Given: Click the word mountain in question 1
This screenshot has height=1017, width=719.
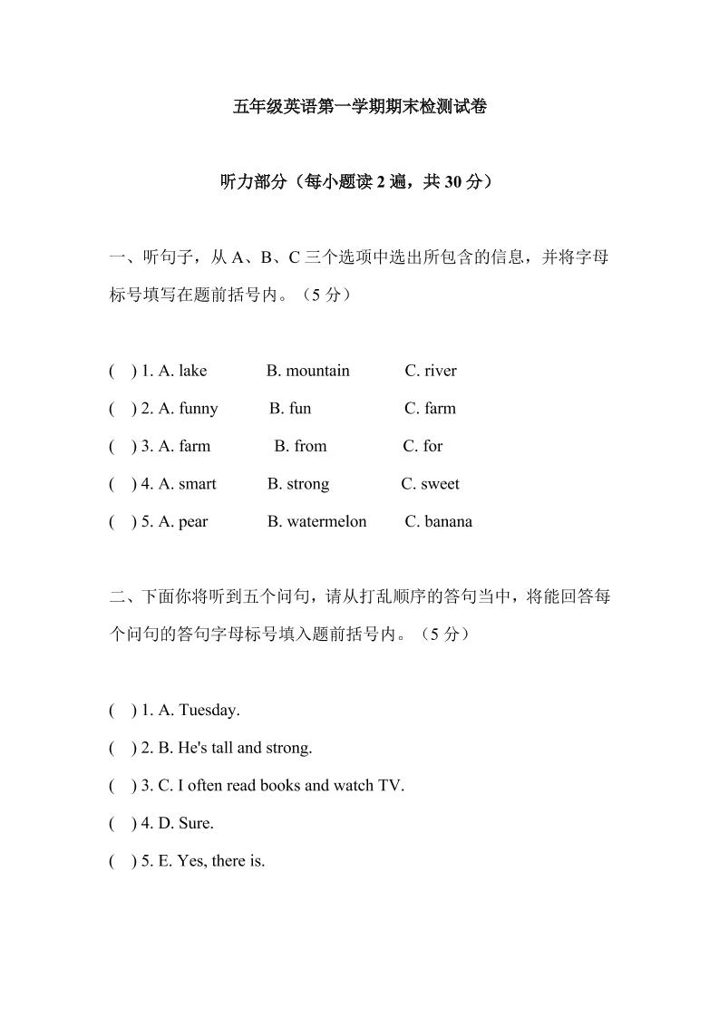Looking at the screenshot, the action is [317, 371].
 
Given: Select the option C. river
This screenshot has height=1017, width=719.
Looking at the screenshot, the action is [431, 371].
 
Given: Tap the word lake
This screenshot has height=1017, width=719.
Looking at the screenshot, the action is [192, 371].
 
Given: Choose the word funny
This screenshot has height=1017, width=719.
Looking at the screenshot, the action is [199, 409].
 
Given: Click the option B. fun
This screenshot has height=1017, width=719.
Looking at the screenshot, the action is [290, 409].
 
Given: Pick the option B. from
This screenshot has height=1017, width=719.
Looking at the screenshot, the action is [300, 446].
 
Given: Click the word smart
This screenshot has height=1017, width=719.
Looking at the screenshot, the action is [198, 484].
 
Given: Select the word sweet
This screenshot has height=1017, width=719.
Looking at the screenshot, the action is [440, 484].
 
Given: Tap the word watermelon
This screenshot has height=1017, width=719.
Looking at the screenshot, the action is [326, 522].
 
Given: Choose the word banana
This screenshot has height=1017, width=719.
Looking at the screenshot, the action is [448, 522].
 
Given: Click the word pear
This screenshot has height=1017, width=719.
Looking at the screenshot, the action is [193, 522].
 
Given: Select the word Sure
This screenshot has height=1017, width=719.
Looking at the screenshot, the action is [196, 824].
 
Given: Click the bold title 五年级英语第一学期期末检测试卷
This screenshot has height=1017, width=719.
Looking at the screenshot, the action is [360, 107].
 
